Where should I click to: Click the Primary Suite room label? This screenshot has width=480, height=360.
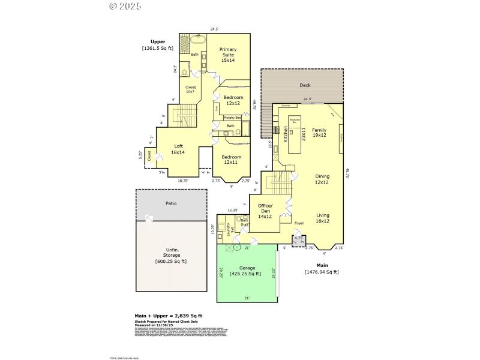coord(228,55)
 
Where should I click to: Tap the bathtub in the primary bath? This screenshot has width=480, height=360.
coord(196,41)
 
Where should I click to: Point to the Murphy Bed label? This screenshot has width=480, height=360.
coord(233,118)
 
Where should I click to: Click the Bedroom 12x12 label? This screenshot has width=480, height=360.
coord(233,100)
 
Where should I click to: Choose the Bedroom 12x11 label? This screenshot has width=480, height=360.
coord(233,159)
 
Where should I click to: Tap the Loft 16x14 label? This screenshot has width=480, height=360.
coord(178,149)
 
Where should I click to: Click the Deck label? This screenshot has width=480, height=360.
coord(305,85)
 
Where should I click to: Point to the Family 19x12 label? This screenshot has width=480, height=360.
coord(319,132)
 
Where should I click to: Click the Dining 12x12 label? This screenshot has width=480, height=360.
coord(322,179)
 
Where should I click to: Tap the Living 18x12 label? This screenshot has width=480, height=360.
coord(322,218)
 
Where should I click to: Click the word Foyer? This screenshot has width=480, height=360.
coord(299,223)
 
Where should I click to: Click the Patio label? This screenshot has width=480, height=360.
coord(171,203)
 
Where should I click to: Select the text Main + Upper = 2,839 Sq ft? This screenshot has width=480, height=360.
coord(167,316)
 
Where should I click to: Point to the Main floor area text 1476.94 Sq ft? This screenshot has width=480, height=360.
coord(322,272)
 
